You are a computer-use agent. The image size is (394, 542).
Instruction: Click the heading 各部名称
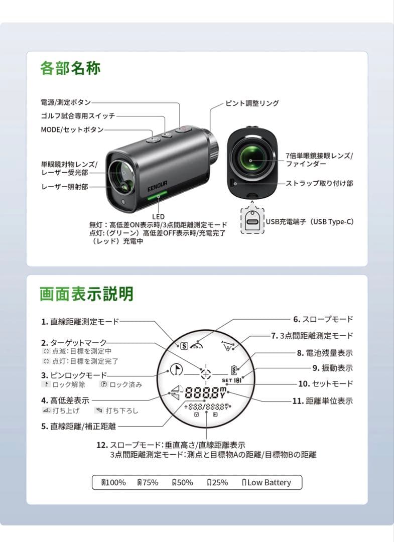pos(70,68)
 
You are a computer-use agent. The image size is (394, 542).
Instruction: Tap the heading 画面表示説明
pos(87,294)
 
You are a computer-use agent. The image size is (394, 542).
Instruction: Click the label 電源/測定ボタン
pos(66,103)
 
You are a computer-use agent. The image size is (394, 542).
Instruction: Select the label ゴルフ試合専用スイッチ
pos(78,116)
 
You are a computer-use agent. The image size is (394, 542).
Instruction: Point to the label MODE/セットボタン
pos(72,129)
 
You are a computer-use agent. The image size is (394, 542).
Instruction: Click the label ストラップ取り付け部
pos(319,184)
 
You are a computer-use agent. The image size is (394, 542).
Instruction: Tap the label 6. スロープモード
pos(323,319)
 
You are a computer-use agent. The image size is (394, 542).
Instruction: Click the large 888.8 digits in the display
pos(203,392)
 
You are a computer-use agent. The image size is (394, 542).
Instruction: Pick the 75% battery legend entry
pos(148,482)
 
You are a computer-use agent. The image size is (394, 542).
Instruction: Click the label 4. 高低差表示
pos(65,400)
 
